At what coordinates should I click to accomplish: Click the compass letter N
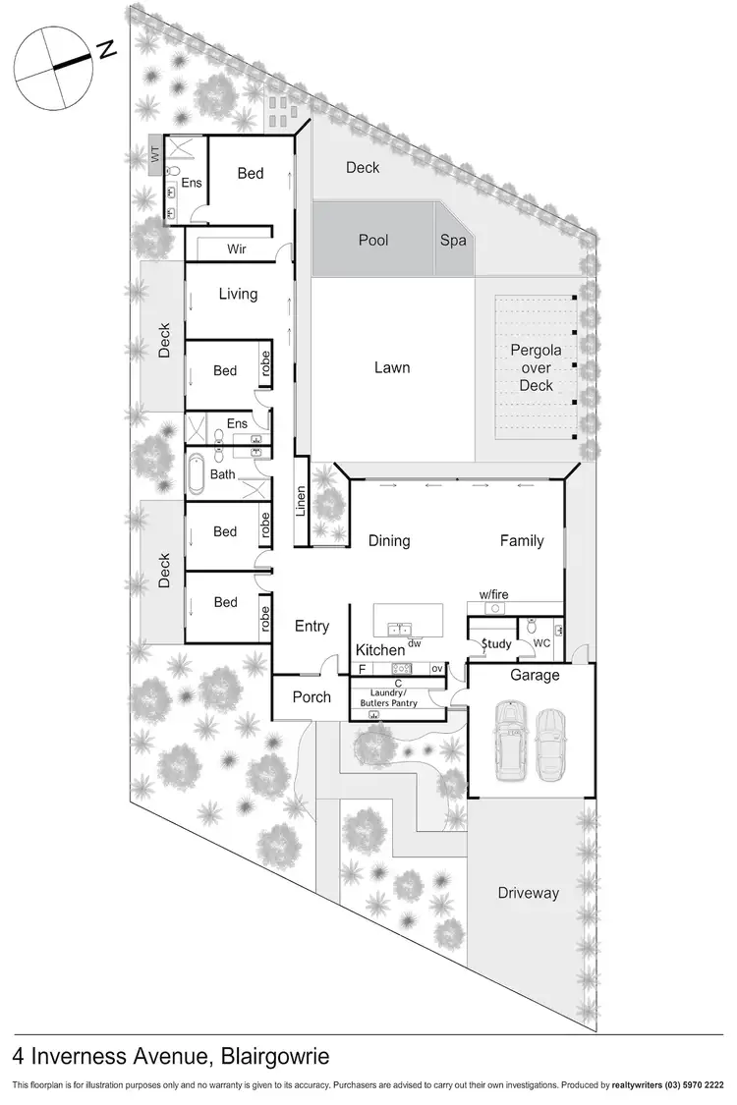click(x=107, y=47)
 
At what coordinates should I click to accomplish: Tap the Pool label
click(x=373, y=241)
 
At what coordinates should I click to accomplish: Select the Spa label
click(x=453, y=241)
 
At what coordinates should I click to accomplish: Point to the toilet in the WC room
click(x=532, y=626)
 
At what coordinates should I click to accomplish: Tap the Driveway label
click(x=528, y=893)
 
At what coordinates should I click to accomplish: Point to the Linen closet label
click(x=302, y=501)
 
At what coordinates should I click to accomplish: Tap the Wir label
click(x=237, y=249)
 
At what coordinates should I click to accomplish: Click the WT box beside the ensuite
click(x=154, y=154)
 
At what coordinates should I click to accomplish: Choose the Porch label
click(x=311, y=697)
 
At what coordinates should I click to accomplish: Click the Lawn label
click(x=392, y=367)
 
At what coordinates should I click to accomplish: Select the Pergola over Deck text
click(x=537, y=367)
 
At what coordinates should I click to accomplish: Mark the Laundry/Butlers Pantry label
click(x=399, y=697)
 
